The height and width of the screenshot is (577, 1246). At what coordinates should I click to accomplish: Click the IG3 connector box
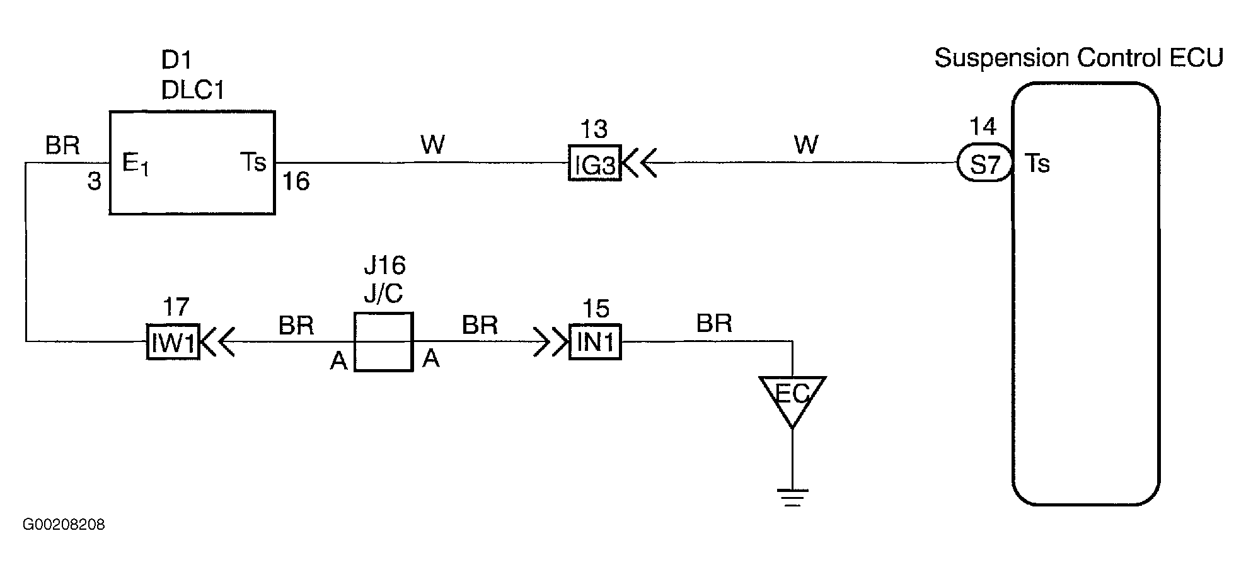coord(594,163)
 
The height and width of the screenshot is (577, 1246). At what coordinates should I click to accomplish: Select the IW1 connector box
coord(173,342)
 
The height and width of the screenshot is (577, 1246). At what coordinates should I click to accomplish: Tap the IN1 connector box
coord(595,342)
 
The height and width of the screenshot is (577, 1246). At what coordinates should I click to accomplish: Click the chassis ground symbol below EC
coord(792,498)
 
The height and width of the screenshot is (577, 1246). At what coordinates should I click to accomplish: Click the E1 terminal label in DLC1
coord(135,165)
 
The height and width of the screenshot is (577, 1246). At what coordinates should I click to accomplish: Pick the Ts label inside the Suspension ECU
coord(1037,163)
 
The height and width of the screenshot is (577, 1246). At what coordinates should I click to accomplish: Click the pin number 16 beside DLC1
coord(296,182)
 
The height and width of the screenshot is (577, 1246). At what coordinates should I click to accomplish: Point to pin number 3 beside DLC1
coord(94,182)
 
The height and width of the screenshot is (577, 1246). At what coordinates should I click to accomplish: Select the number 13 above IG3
coord(593,129)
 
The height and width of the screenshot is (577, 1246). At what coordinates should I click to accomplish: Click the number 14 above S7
coord(983,127)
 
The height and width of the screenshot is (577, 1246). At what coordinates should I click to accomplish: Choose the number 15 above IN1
coord(596,309)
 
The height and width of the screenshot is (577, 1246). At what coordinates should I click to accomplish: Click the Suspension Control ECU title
coord(1078,58)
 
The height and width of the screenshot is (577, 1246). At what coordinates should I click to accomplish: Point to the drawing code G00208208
coord(64,525)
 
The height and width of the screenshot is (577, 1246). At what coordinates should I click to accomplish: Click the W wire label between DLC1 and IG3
coord(433,145)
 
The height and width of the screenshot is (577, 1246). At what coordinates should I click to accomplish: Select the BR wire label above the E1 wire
coord(62,146)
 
